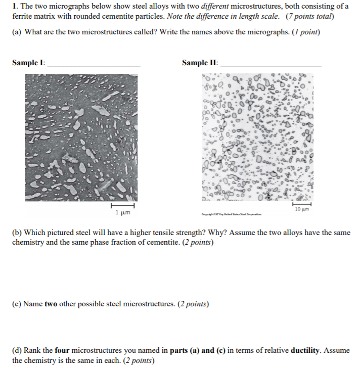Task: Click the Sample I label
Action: coord(28,63)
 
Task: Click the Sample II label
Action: coord(200,63)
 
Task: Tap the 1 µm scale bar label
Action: coord(122,213)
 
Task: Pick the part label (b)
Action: coord(17,233)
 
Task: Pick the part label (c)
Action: coord(17,304)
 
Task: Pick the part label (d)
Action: coord(17,350)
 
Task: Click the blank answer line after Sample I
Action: coord(94,66)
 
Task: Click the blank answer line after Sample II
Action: coord(271,66)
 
